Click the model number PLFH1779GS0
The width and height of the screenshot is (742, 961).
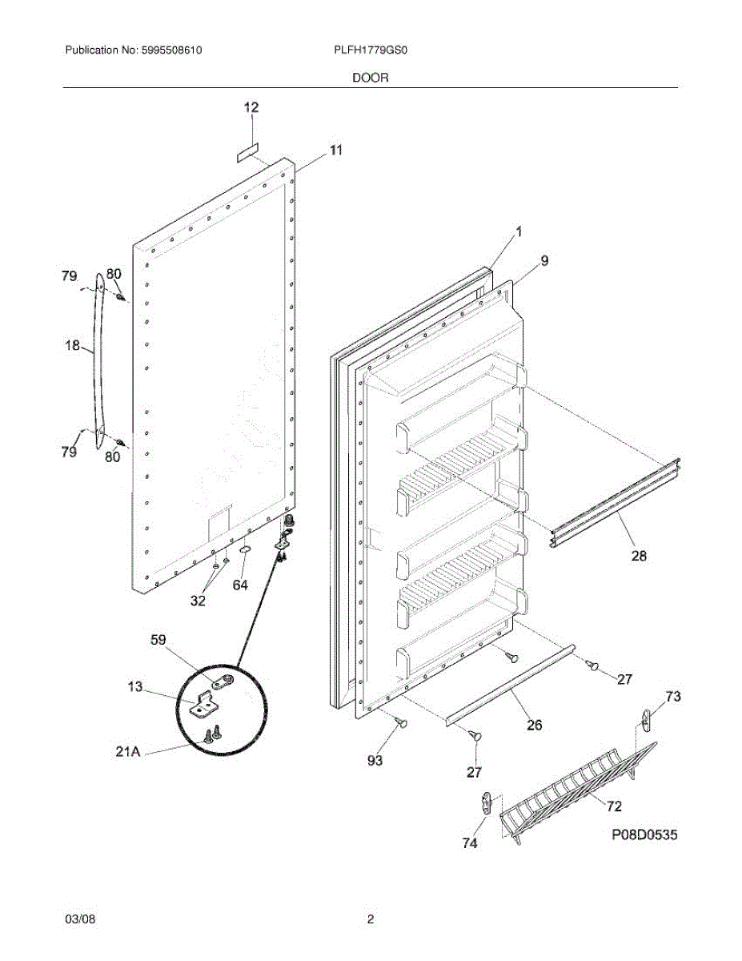[x=371, y=50]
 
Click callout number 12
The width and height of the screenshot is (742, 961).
[x=251, y=107]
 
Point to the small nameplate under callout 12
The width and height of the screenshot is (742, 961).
[x=247, y=151]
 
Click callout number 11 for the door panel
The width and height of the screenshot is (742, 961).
[x=335, y=150]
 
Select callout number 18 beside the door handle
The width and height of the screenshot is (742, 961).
[x=72, y=346]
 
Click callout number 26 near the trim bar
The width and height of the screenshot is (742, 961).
[x=534, y=726]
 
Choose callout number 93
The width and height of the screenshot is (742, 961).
[x=375, y=760]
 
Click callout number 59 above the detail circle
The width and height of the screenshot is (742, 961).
[x=159, y=640]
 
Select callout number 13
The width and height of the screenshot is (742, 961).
[x=135, y=686]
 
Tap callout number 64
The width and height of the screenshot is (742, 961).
[x=240, y=585]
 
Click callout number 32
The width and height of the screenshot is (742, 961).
[x=198, y=600]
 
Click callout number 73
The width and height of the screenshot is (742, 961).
[x=673, y=697]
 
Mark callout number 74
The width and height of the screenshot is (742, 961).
[x=470, y=843]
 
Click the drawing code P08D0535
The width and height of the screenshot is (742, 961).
[x=644, y=835]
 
